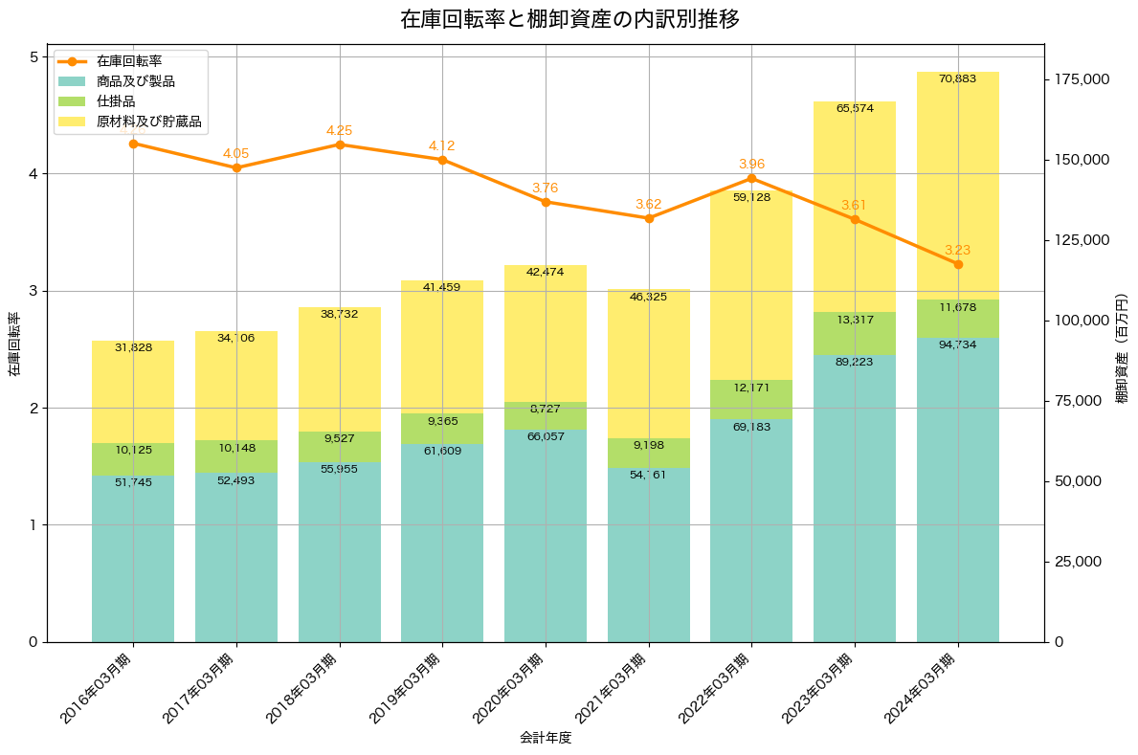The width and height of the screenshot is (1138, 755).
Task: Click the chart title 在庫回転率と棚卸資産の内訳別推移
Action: tap(569, 19)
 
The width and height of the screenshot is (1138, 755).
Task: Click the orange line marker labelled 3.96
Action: tap(751, 179)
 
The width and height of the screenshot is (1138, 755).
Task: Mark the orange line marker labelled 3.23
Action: tap(958, 264)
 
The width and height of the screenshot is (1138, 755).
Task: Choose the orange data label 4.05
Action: tap(235, 153)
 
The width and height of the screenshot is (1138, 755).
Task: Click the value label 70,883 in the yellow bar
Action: tap(958, 78)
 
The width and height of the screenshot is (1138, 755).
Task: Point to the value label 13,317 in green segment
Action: tap(855, 320)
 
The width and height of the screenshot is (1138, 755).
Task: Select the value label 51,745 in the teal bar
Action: tap(133, 482)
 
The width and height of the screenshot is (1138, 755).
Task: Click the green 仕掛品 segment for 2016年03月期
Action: tap(133, 459)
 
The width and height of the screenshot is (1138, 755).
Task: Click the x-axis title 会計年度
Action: tap(546, 738)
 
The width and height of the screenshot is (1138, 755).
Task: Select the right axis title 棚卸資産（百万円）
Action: tap(1122, 344)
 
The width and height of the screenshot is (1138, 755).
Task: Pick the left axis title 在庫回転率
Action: tap(13, 344)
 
